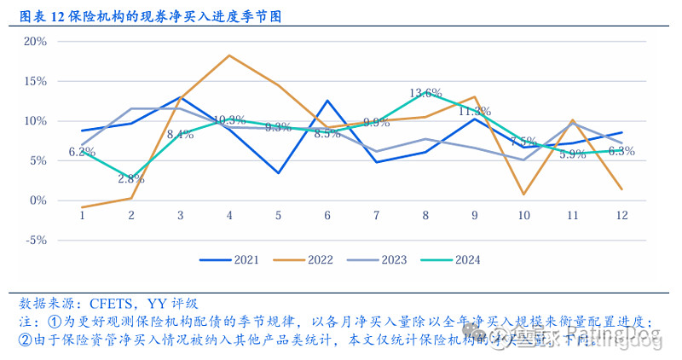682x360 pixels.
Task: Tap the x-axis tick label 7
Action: [x=376, y=216]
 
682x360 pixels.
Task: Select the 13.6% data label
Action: [x=425, y=93]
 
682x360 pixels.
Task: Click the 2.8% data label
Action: [x=131, y=179]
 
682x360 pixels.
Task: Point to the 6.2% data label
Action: [x=82, y=152]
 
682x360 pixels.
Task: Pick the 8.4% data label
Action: [x=180, y=134]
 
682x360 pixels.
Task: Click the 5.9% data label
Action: [x=572, y=154]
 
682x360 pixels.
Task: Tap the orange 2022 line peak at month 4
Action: [x=229, y=55]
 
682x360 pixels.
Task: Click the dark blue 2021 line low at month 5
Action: [x=279, y=173]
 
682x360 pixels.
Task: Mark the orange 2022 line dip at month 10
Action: [x=523, y=195]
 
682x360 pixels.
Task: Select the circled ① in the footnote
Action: [x=55, y=322]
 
